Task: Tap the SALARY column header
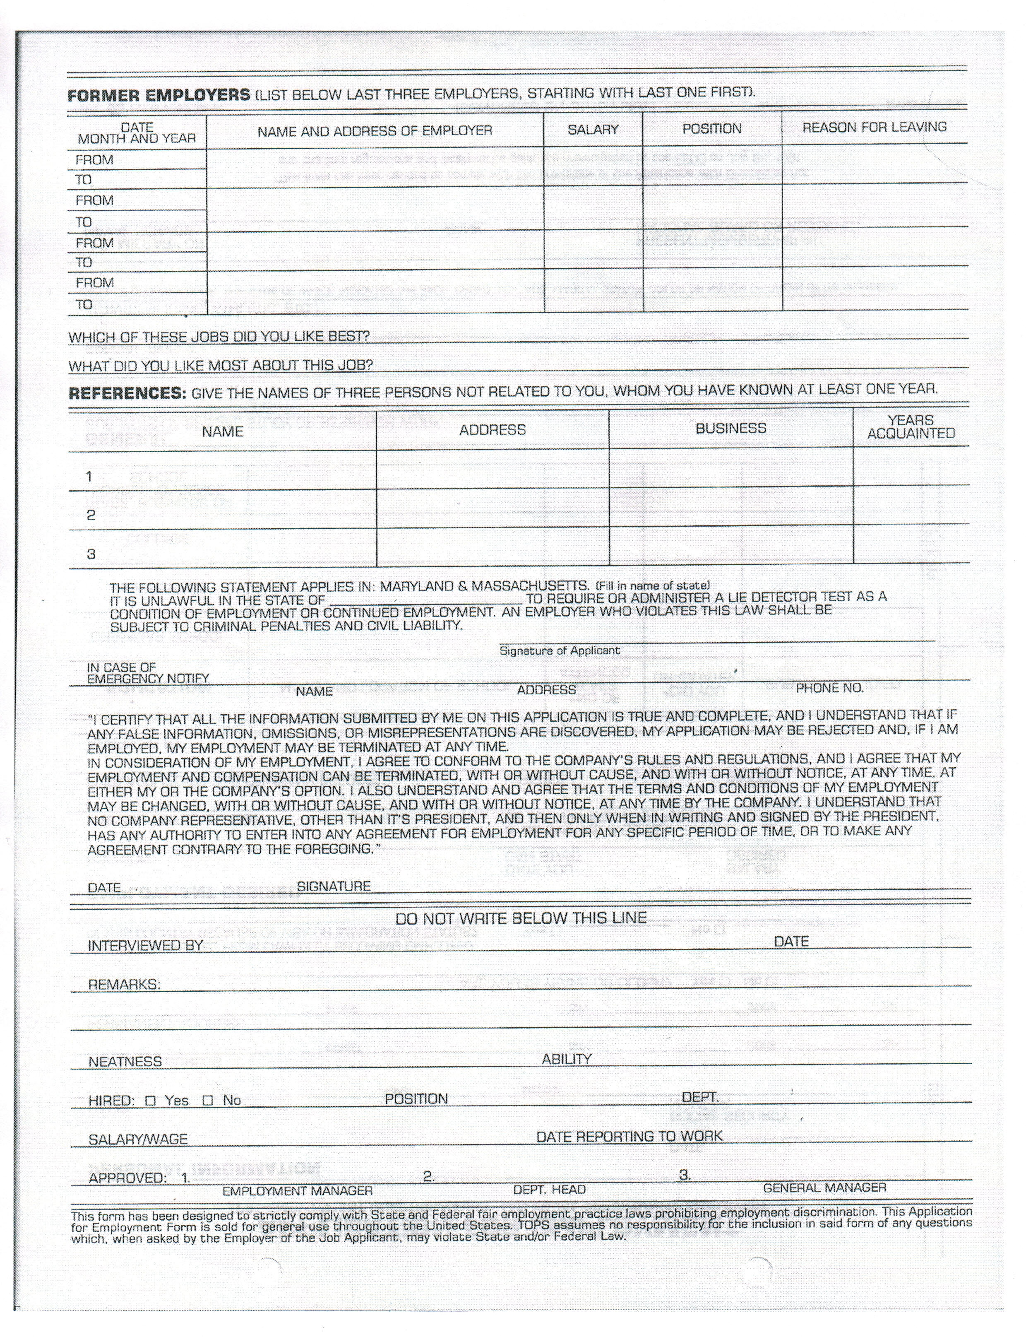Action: coord(593,130)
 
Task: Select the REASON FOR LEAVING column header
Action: coord(874,127)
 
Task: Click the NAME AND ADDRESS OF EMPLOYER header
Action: coord(375,131)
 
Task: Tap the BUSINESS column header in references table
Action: coord(730,429)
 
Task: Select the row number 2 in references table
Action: coord(91,515)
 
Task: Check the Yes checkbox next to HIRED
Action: coord(150,1101)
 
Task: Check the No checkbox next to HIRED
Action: coord(208,1101)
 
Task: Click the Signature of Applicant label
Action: coord(560,651)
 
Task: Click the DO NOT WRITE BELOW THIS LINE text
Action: coord(521,918)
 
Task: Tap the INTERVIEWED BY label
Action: coord(145,946)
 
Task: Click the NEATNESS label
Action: coord(125,1061)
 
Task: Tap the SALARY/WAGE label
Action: coord(138,1139)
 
